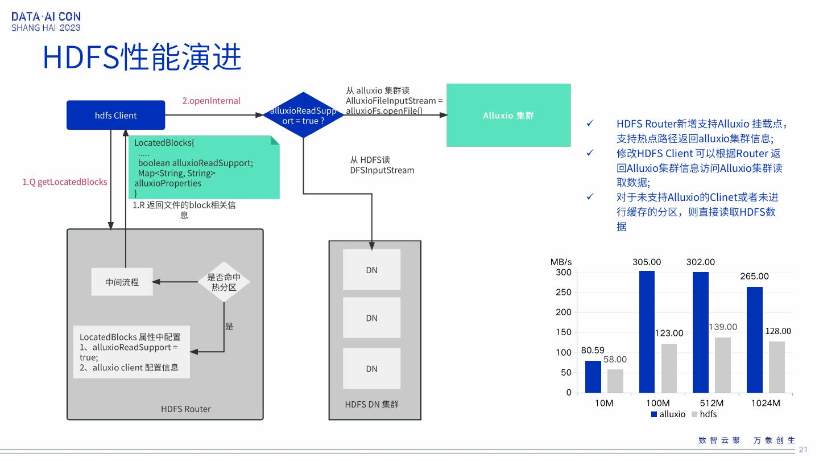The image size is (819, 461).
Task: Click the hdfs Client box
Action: click(x=115, y=115)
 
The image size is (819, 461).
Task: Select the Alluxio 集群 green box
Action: click(x=508, y=115)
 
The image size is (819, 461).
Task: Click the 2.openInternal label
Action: click(x=211, y=101)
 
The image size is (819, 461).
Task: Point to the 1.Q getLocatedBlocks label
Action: click(x=65, y=182)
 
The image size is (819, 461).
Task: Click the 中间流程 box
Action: click(x=122, y=282)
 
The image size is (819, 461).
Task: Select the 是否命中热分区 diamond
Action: click(x=224, y=282)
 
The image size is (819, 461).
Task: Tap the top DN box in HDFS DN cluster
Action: click(x=371, y=270)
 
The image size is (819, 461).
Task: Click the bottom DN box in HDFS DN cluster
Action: click(x=371, y=368)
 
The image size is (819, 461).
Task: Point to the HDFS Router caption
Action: click(x=185, y=409)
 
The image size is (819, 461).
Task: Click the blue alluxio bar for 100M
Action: click(x=647, y=331)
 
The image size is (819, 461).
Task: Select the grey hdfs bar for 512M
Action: click(x=722, y=365)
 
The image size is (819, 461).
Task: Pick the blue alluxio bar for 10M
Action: click(x=593, y=376)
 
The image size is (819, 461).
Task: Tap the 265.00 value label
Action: click(x=754, y=277)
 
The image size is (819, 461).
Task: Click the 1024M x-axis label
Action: click(x=765, y=403)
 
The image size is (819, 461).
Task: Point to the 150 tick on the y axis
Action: click(x=564, y=332)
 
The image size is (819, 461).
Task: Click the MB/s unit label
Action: click(x=561, y=262)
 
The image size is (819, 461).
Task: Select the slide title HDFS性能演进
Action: click(x=142, y=57)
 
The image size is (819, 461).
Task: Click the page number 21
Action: click(x=803, y=450)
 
